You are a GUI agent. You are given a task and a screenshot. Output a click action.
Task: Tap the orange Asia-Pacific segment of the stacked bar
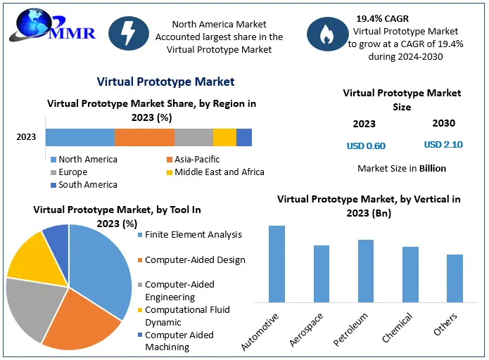[x=144, y=137]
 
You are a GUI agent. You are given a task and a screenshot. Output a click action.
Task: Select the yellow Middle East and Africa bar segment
[x=224, y=137]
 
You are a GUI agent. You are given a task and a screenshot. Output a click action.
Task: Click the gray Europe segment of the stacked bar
[x=193, y=137]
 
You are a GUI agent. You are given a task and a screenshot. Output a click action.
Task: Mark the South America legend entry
[x=84, y=184]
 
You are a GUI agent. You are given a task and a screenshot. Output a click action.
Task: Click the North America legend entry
[x=84, y=160]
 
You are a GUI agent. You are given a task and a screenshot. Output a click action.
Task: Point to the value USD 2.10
[x=443, y=145]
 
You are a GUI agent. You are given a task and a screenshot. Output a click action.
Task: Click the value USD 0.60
[x=366, y=146]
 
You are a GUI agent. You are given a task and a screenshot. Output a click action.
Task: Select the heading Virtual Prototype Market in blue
[x=166, y=82]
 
